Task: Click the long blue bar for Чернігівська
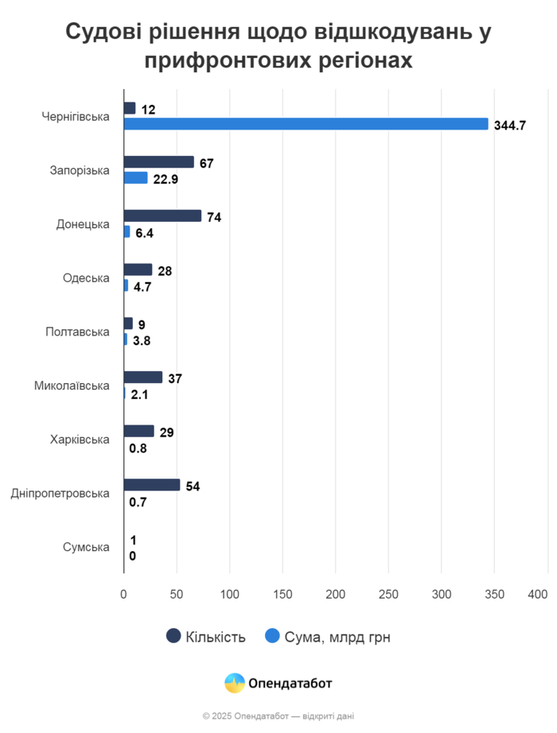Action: coord(306,124)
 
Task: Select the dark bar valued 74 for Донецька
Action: coord(162,215)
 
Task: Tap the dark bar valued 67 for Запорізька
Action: coord(159,162)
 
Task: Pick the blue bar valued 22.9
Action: coord(136,178)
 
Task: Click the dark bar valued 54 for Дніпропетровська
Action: coord(152,485)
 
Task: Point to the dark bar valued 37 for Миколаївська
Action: coord(143,378)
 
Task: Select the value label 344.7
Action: coord(510,125)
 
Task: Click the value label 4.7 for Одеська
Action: coord(142,287)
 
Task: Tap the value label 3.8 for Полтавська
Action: coord(142,340)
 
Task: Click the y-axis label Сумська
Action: coord(85,547)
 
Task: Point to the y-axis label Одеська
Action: coord(86,278)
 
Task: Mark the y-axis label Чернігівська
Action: coord(76,117)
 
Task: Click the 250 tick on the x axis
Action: coord(388,594)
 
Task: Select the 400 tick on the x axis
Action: coord(538,594)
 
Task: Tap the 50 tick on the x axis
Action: coord(177,594)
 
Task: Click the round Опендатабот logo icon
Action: coord(235,683)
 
